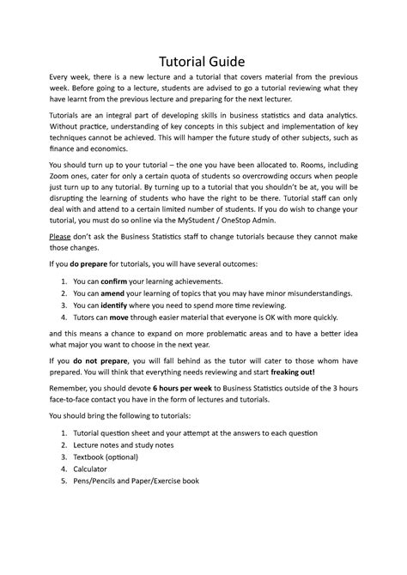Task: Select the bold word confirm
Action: click(118, 281)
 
